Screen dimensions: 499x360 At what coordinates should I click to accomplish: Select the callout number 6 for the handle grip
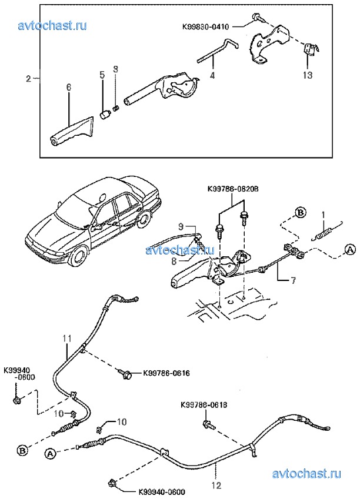click(x=68, y=87)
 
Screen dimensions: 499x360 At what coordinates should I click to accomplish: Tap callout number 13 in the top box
click(x=308, y=75)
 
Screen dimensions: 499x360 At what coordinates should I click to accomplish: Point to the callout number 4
click(x=212, y=76)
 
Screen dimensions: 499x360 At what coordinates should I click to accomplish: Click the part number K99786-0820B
click(x=233, y=189)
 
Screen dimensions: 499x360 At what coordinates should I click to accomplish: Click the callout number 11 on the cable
click(x=67, y=339)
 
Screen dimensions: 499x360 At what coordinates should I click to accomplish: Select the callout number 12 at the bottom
click(x=216, y=485)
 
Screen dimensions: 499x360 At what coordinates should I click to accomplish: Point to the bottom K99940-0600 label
click(x=162, y=493)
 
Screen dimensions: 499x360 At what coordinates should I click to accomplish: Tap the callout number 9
click(x=181, y=226)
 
